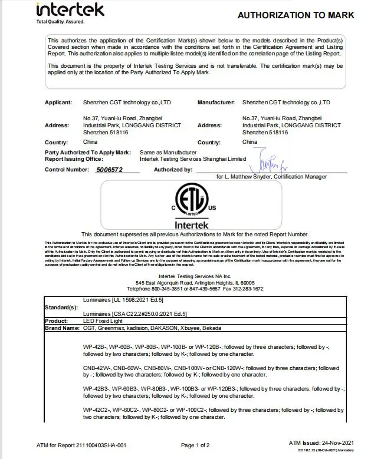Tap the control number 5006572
(109, 170)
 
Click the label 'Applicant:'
(58, 103)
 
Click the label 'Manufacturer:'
(216, 103)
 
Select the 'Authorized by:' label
(173, 170)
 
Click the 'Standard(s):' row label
(61, 307)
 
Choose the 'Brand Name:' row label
(62, 328)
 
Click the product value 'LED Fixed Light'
(104, 321)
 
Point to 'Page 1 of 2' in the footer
(195, 445)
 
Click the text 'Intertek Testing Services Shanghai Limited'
(193, 158)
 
